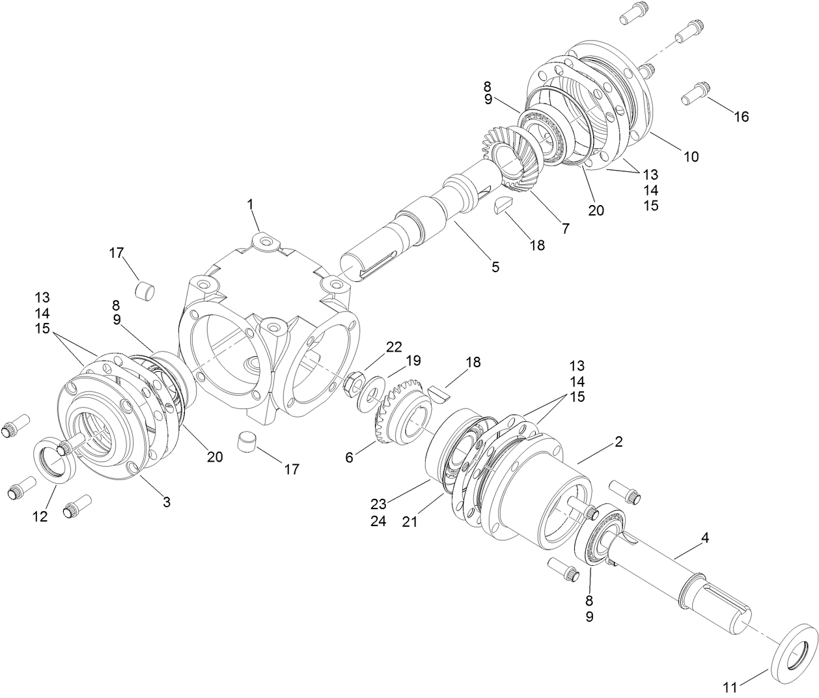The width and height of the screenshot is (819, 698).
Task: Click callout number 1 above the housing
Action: click(250, 204)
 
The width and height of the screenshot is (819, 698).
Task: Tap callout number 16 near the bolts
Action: click(742, 117)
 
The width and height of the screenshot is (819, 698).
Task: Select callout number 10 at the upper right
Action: click(691, 156)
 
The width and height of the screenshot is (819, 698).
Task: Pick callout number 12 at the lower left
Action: click(40, 516)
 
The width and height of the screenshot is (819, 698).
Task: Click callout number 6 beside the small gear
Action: click(350, 458)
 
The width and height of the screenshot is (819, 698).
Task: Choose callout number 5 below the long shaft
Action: click(495, 266)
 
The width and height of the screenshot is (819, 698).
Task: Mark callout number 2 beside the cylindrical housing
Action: click(618, 441)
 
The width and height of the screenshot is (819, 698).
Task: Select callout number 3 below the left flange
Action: click(167, 501)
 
